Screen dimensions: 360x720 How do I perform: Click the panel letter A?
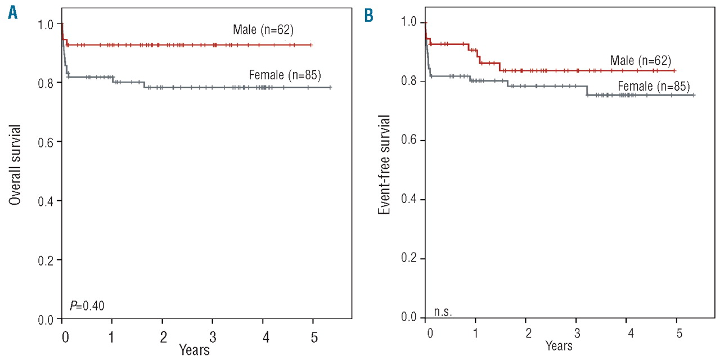pyautogui.click(x=12, y=13)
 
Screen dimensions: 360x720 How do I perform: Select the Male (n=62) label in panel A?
pyautogui.click(x=263, y=29)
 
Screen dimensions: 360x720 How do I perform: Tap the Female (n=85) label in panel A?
pyautogui.click(x=285, y=74)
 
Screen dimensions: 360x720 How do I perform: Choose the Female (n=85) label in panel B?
pyautogui.click(x=654, y=87)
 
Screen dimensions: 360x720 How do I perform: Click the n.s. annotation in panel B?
pyautogui.click(x=443, y=310)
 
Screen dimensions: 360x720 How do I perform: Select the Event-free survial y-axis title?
pyautogui.click(x=384, y=164)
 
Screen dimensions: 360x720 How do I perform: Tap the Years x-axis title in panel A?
pyautogui.click(x=194, y=349)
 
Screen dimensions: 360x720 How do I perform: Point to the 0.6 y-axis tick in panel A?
pyautogui.click(x=46, y=141)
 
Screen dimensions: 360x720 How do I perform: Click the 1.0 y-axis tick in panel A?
pyautogui.click(x=46, y=24)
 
